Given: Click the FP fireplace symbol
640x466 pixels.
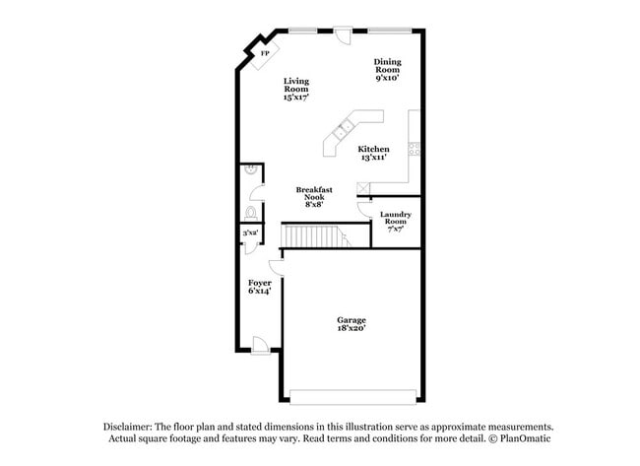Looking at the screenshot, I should pos(263,54).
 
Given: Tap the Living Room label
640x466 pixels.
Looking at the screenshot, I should pos(295,90).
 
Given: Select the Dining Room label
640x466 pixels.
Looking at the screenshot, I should pos(387,70).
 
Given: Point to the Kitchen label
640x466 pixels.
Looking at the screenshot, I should pos(373,153).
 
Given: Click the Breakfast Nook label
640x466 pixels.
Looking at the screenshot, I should pos(314,196).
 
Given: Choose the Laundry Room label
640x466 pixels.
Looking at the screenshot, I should pos(396,222).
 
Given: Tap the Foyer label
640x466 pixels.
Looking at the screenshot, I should pos(259,287).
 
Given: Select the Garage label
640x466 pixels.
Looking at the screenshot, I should pos(352,324).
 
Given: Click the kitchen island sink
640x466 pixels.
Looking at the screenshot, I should pos(345,128).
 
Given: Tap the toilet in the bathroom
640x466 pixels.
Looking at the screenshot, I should pos(251,212).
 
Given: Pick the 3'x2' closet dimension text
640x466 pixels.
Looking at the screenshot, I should pos(251,233).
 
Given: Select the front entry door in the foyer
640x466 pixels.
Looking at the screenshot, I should pos(260,344).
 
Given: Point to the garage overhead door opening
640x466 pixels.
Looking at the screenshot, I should pos(352,397).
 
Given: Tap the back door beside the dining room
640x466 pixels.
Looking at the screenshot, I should pos(342,34).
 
